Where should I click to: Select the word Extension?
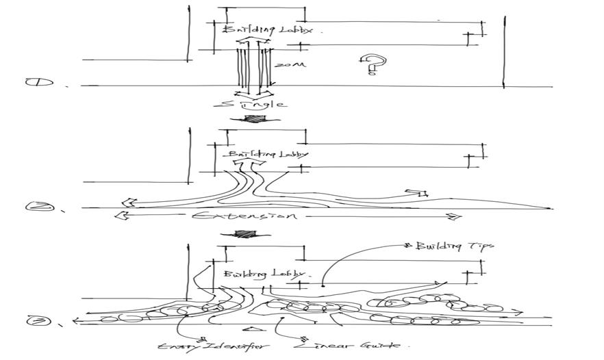coord(244,216)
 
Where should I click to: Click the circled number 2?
coord(35,205)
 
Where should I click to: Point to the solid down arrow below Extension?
coord(243,233)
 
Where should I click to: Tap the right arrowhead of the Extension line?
coord(454,217)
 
